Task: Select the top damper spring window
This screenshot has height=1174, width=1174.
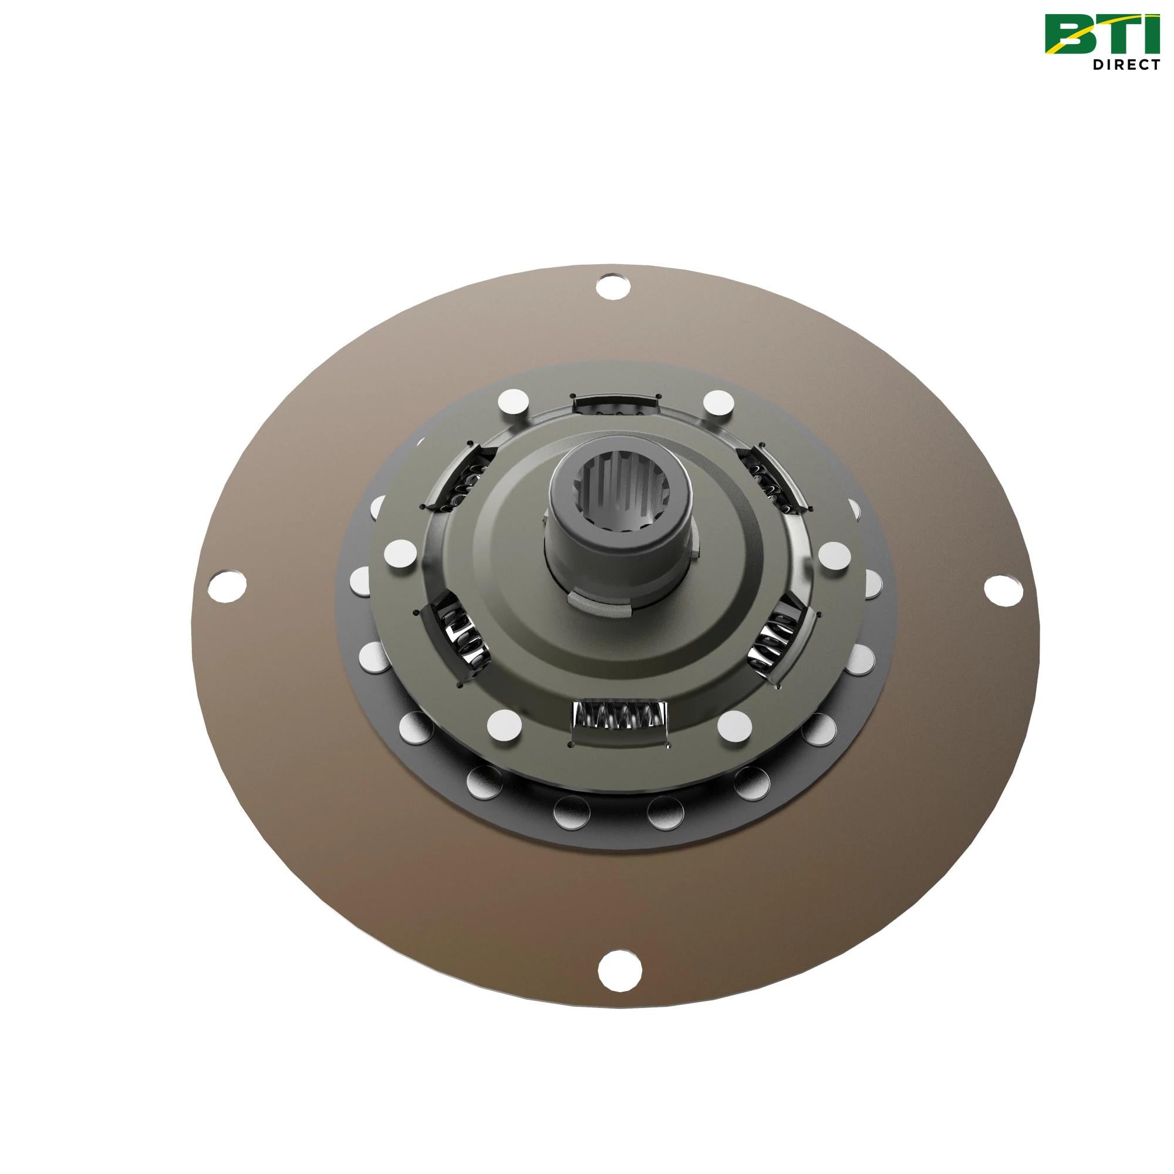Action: [x=616, y=405]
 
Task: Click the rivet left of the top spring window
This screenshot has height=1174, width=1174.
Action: [x=512, y=403]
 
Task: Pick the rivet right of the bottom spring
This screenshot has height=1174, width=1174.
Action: [x=735, y=724]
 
